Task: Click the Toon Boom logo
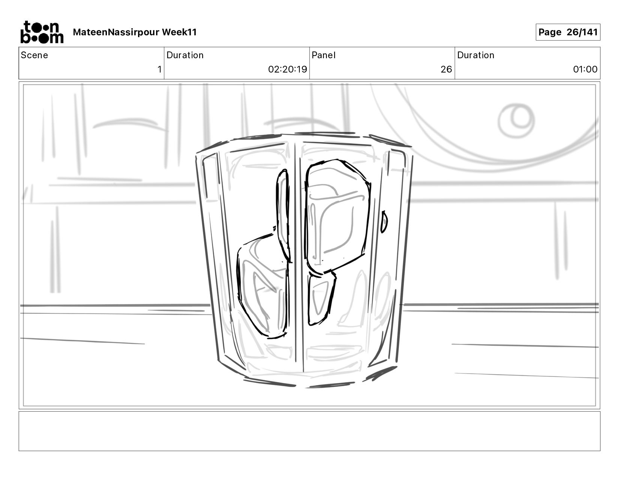click(41, 32)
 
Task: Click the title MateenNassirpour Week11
click(135, 32)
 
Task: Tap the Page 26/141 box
click(568, 32)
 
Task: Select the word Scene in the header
click(35, 55)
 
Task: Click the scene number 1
click(159, 70)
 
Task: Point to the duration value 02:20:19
click(287, 70)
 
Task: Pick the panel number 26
click(446, 70)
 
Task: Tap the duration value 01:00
click(585, 70)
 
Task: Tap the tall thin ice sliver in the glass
click(283, 214)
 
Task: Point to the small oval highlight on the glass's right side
click(384, 222)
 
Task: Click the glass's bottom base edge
click(304, 383)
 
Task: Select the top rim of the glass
click(304, 136)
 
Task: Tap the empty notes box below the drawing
click(309, 431)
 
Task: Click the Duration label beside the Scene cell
click(185, 55)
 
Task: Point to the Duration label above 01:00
click(476, 55)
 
